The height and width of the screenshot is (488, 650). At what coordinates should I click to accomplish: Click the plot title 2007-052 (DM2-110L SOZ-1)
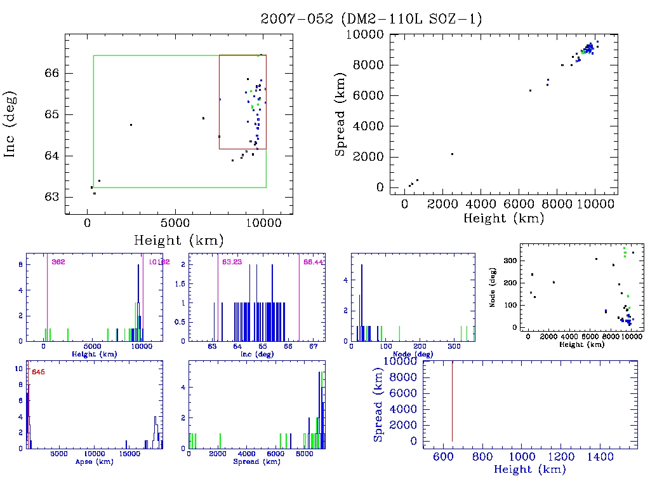(x=371, y=19)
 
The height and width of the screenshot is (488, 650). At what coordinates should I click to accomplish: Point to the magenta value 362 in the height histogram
(x=58, y=262)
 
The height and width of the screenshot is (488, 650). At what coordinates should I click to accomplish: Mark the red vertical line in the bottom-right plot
(x=452, y=400)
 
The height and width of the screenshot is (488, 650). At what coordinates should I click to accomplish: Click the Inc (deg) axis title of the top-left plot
(x=11, y=124)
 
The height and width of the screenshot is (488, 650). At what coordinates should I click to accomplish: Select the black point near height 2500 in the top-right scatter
(x=452, y=154)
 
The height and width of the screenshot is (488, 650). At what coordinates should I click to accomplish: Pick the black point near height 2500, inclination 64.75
(x=131, y=125)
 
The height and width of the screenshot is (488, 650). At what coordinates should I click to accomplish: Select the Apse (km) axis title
(x=94, y=461)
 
